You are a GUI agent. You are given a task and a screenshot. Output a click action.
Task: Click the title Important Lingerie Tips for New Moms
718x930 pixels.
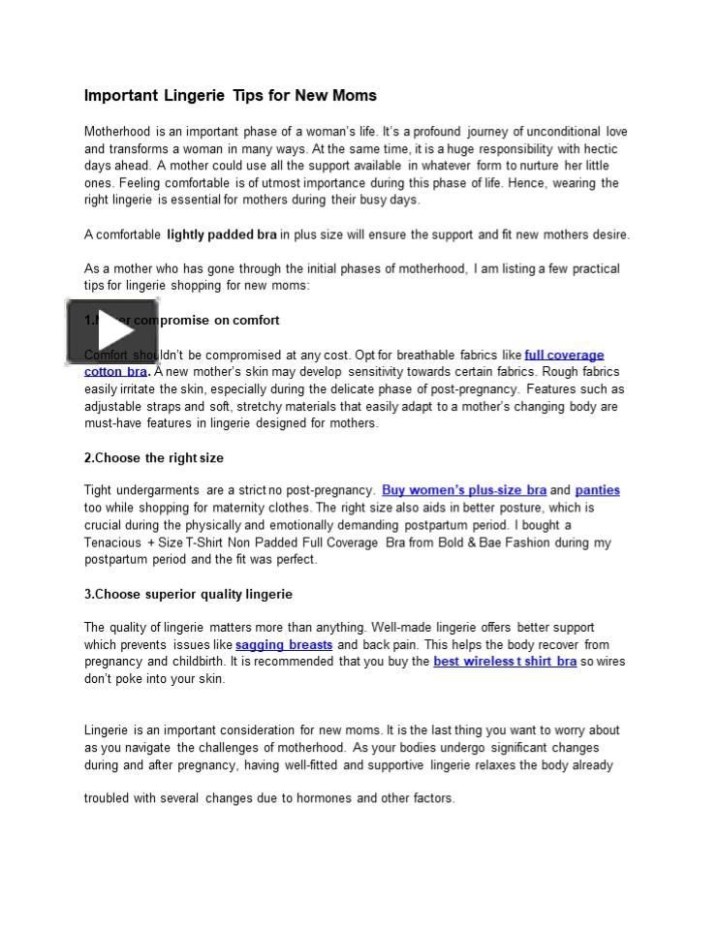point(230,96)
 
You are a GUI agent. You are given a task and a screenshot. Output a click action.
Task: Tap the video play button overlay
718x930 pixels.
point(113,331)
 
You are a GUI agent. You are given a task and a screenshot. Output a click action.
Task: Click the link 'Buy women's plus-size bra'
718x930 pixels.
point(464,490)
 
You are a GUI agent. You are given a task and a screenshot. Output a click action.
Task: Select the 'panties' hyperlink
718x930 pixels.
point(597,490)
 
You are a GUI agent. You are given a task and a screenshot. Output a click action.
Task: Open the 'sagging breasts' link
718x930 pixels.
point(284,644)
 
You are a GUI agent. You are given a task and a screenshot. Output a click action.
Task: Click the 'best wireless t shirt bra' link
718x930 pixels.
point(505,662)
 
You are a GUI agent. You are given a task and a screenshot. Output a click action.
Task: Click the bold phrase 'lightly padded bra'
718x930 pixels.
point(222,234)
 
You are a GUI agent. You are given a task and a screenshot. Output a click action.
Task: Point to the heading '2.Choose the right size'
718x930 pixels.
point(154,457)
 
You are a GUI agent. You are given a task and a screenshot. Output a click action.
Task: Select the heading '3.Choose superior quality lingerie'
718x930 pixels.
point(188,594)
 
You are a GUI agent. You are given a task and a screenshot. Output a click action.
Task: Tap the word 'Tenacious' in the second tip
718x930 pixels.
point(113,542)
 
